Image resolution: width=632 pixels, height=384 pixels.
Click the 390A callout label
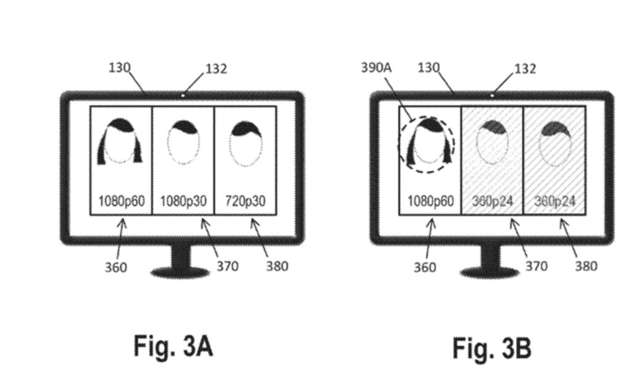pyautogui.click(x=376, y=68)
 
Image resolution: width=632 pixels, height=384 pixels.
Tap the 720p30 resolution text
pyautogui.click(x=245, y=201)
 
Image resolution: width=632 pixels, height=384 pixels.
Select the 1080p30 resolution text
pyautogui.click(x=183, y=201)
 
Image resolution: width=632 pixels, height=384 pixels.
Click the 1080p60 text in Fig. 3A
pyautogui.click(x=121, y=201)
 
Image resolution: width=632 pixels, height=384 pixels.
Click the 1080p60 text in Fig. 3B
pyautogui.click(x=430, y=201)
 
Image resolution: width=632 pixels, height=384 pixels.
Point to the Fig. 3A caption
pyautogui.click(x=173, y=346)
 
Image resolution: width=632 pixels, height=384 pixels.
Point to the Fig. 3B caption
pyautogui.click(x=491, y=348)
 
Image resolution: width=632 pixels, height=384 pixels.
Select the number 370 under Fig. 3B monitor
pyautogui.click(x=536, y=266)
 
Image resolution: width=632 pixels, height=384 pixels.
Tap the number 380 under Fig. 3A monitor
pyautogui.click(x=276, y=266)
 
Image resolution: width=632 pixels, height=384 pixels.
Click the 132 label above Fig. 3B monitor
pyautogui.click(x=525, y=69)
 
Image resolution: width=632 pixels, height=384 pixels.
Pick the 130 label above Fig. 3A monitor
pyautogui.click(x=119, y=67)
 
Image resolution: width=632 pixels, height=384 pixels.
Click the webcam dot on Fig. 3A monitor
pyautogui.click(x=183, y=95)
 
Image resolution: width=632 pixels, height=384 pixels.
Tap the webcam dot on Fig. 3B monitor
pyautogui.click(x=492, y=95)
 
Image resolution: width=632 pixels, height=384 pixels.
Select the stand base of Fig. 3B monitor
pyautogui.click(x=490, y=271)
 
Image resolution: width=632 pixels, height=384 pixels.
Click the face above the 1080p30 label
pyautogui.click(x=183, y=144)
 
